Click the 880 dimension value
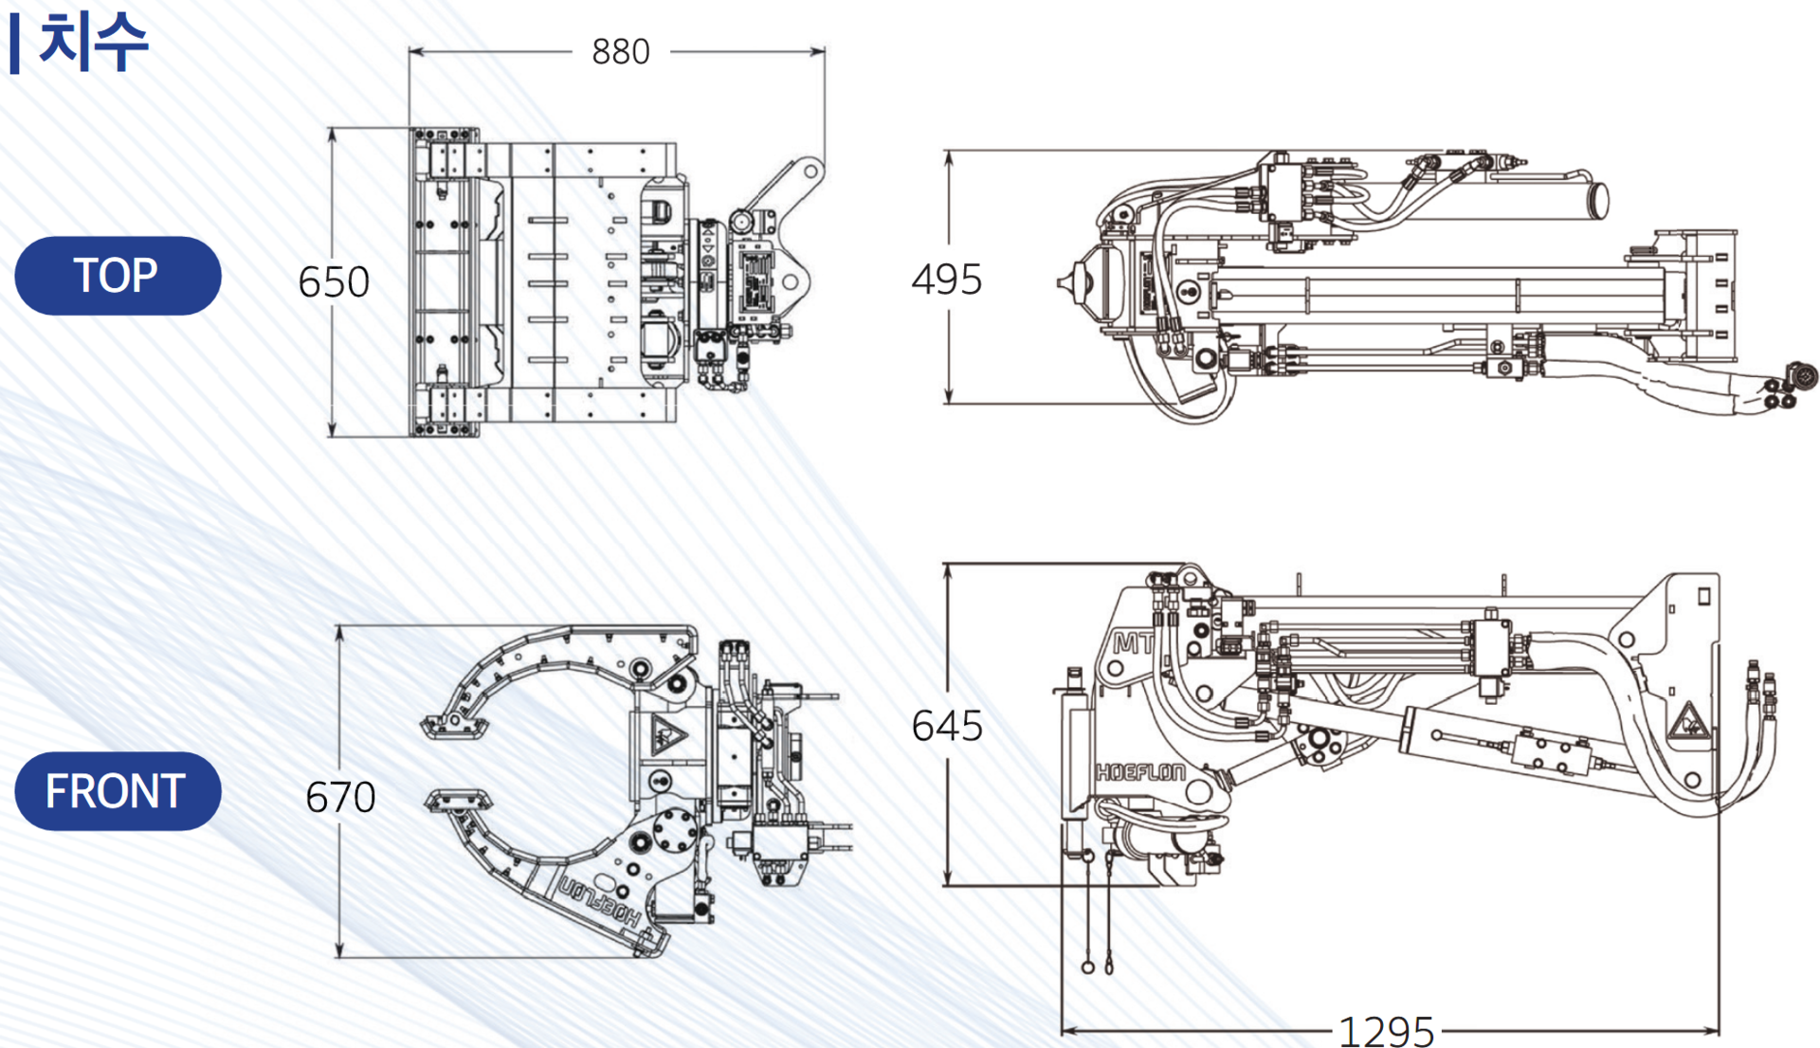click(620, 51)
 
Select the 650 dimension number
click(334, 281)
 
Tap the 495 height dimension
click(946, 280)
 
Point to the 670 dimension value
click(340, 797)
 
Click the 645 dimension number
click(946, 726)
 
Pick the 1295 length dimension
click(1386, 1031)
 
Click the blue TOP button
click(118, 276)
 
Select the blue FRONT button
click(118, 791)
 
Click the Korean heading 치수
click(93, 42)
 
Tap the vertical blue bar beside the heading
click(14, 44)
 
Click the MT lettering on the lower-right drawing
click(1133, 643)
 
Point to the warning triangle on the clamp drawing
click(668, 734)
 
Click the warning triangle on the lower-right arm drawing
click(1688, 723)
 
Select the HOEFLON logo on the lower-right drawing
click(1140, 772)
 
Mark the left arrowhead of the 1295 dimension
click(1068, 1030)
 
